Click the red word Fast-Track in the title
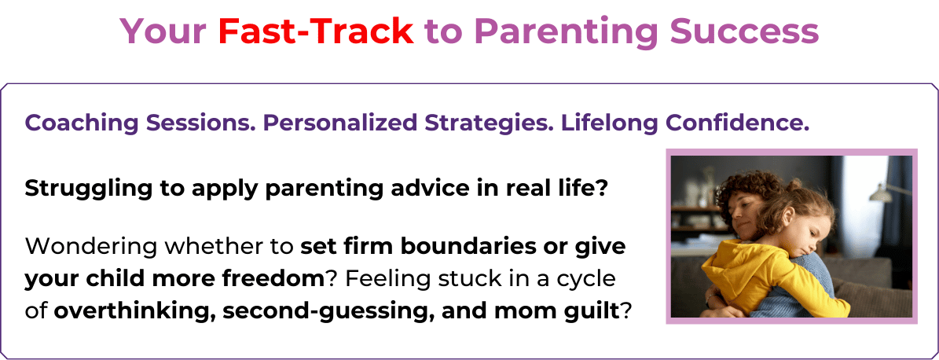pyautogui.click(x=316, y=31)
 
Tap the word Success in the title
pyautogui.click(x=744, y=31)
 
